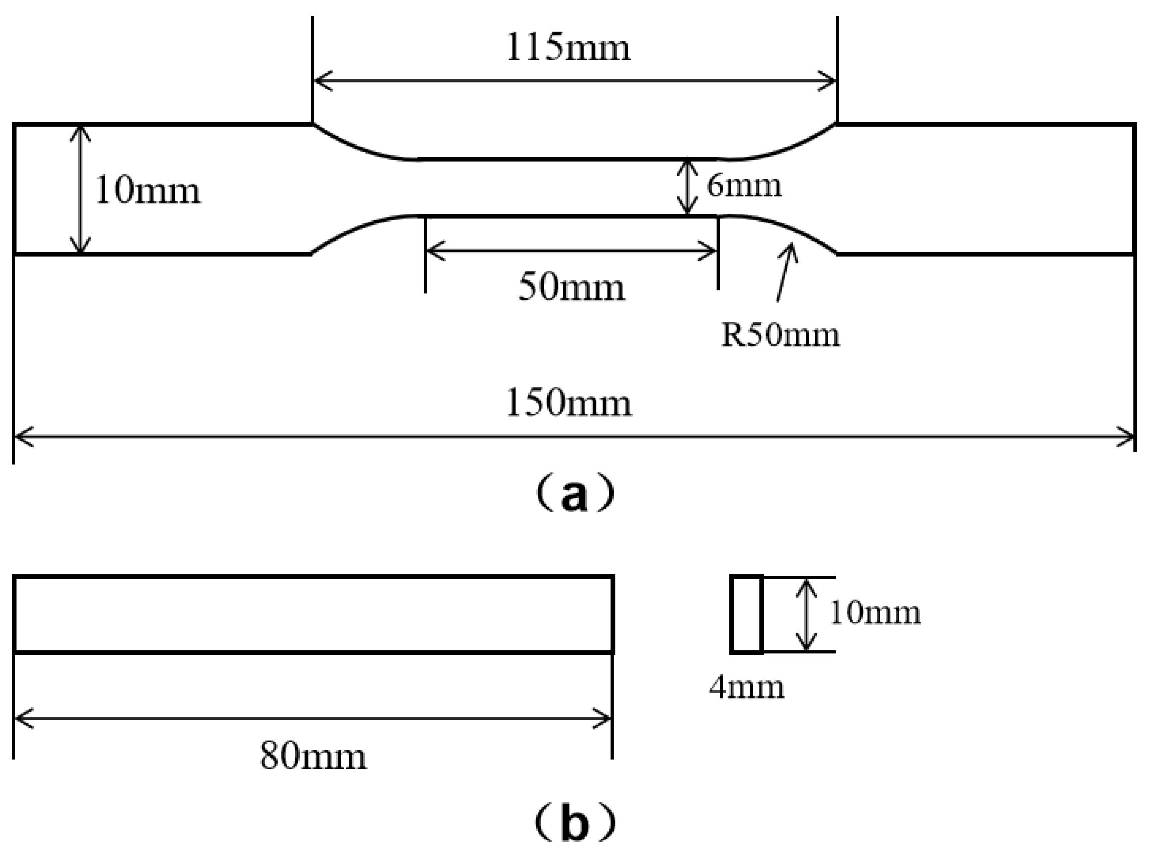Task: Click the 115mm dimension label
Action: click(568, 49)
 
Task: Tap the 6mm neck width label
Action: click(744, 186)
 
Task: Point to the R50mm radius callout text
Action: click(781, 335)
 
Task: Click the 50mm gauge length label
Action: click(571, 288)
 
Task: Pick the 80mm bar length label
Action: click(313, 757)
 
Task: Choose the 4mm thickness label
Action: click(746, 687)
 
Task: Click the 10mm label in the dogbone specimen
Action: click(148, 191)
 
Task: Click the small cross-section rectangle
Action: click(746, 614)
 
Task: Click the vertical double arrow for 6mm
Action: click(687, 187)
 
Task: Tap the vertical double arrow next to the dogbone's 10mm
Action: click(80, 189)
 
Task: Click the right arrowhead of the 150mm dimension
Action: click(1125, 437)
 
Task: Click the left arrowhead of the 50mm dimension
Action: click(435, 252)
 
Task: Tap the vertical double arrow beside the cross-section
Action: click(806, 614)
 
